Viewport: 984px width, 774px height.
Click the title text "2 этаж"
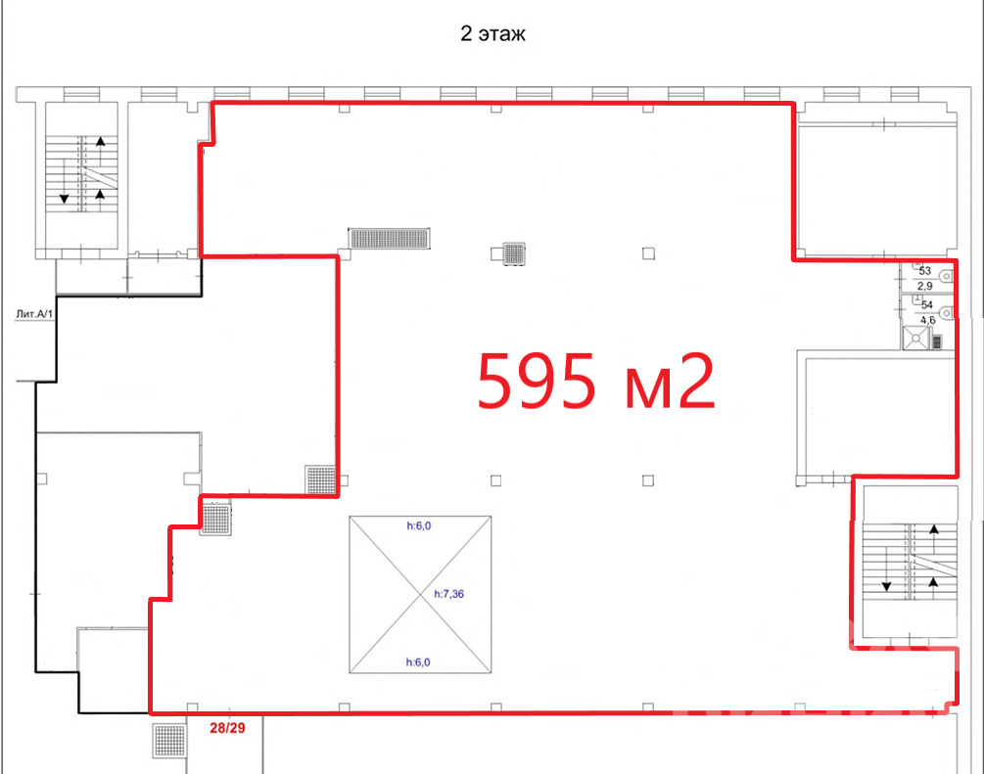point(492,33)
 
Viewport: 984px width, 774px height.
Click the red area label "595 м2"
point(596,381)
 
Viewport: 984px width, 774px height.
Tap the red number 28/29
point(227,728)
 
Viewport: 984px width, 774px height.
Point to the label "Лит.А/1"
point(35,313)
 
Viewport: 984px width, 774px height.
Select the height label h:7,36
point(449,593)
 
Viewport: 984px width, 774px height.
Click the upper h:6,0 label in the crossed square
point(419,525)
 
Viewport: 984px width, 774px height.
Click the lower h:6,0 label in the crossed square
point(418,661)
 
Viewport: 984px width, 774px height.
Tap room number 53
point(925,271)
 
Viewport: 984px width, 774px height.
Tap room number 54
point(927,305)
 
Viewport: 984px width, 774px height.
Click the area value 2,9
point(925,286)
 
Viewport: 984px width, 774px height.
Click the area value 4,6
point(927,320)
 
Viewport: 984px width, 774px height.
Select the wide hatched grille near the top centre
point(390,239)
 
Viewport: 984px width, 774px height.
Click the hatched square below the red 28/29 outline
point(170,740)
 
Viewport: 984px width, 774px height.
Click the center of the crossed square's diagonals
point(420,595)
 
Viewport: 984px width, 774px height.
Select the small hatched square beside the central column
point(514,253)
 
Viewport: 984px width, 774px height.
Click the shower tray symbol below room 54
point(915,339)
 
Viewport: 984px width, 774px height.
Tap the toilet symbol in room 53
point(947,277)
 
